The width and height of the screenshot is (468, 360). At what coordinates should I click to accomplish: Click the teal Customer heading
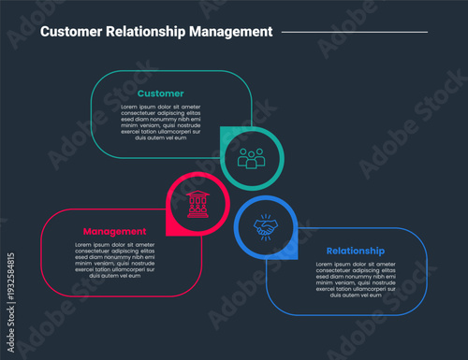(161, 94)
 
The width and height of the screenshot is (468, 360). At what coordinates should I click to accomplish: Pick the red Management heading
(114, 231)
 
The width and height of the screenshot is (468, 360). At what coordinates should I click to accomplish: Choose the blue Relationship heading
(355, 251)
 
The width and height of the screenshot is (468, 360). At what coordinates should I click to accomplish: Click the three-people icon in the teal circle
(251, 158)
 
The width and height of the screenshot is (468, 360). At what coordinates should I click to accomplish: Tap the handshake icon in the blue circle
(266, 227)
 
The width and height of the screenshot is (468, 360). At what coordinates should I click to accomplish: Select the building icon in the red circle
(197, 204)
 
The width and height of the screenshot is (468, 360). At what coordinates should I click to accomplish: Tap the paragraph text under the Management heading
(114, 260)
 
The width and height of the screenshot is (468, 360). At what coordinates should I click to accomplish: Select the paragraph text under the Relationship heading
(355, 280)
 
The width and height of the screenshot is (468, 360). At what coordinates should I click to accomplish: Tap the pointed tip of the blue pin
(296, 258)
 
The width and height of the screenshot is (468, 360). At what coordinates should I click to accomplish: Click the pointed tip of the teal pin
(221, 128)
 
